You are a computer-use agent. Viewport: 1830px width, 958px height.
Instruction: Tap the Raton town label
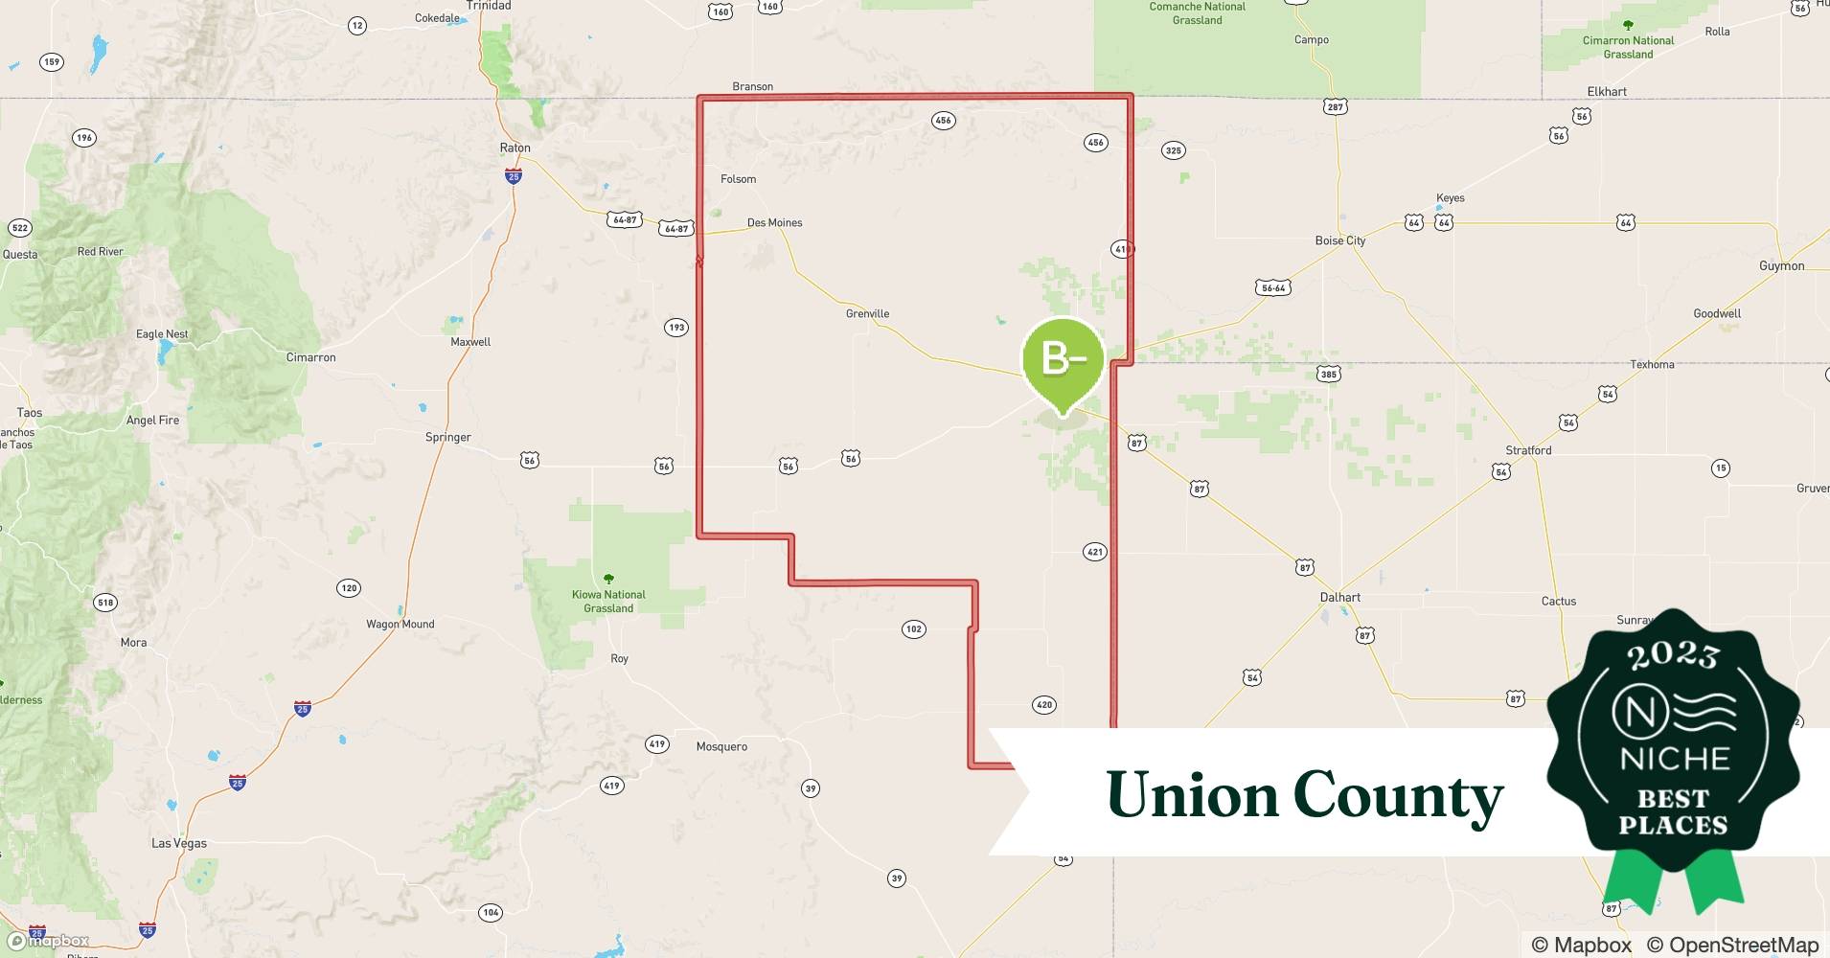click(515, 148)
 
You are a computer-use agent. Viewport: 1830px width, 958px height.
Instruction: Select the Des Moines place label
click(774, 222)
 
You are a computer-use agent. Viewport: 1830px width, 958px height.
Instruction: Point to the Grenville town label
click(867, 313)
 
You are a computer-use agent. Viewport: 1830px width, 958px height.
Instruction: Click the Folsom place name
click(738, 179)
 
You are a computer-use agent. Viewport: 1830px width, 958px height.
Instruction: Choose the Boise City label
click(1339, 240)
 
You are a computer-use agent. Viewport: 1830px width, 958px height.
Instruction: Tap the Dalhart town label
click(1339, 597)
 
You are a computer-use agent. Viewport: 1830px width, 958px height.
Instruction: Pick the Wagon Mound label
click(400, 624)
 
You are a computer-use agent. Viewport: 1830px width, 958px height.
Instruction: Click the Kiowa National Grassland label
click(608, 601)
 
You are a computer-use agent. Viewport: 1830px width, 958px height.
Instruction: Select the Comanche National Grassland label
click(1197, 13)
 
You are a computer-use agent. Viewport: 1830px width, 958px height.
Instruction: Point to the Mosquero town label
click(721, 746)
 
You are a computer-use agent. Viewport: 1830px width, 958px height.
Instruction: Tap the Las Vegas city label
click(179, 843)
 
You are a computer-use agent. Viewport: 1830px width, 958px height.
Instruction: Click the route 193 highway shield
click(676, 328)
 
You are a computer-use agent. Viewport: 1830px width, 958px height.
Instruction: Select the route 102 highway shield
click(913, 629)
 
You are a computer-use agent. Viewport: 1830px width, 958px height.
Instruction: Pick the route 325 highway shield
click(1173, 150)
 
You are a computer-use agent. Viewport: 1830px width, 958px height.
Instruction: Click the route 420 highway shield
click(1043, 705)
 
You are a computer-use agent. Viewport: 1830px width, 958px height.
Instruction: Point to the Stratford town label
click(1528, 450)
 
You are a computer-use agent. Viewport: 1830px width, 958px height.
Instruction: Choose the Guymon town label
click(1781, 265)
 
